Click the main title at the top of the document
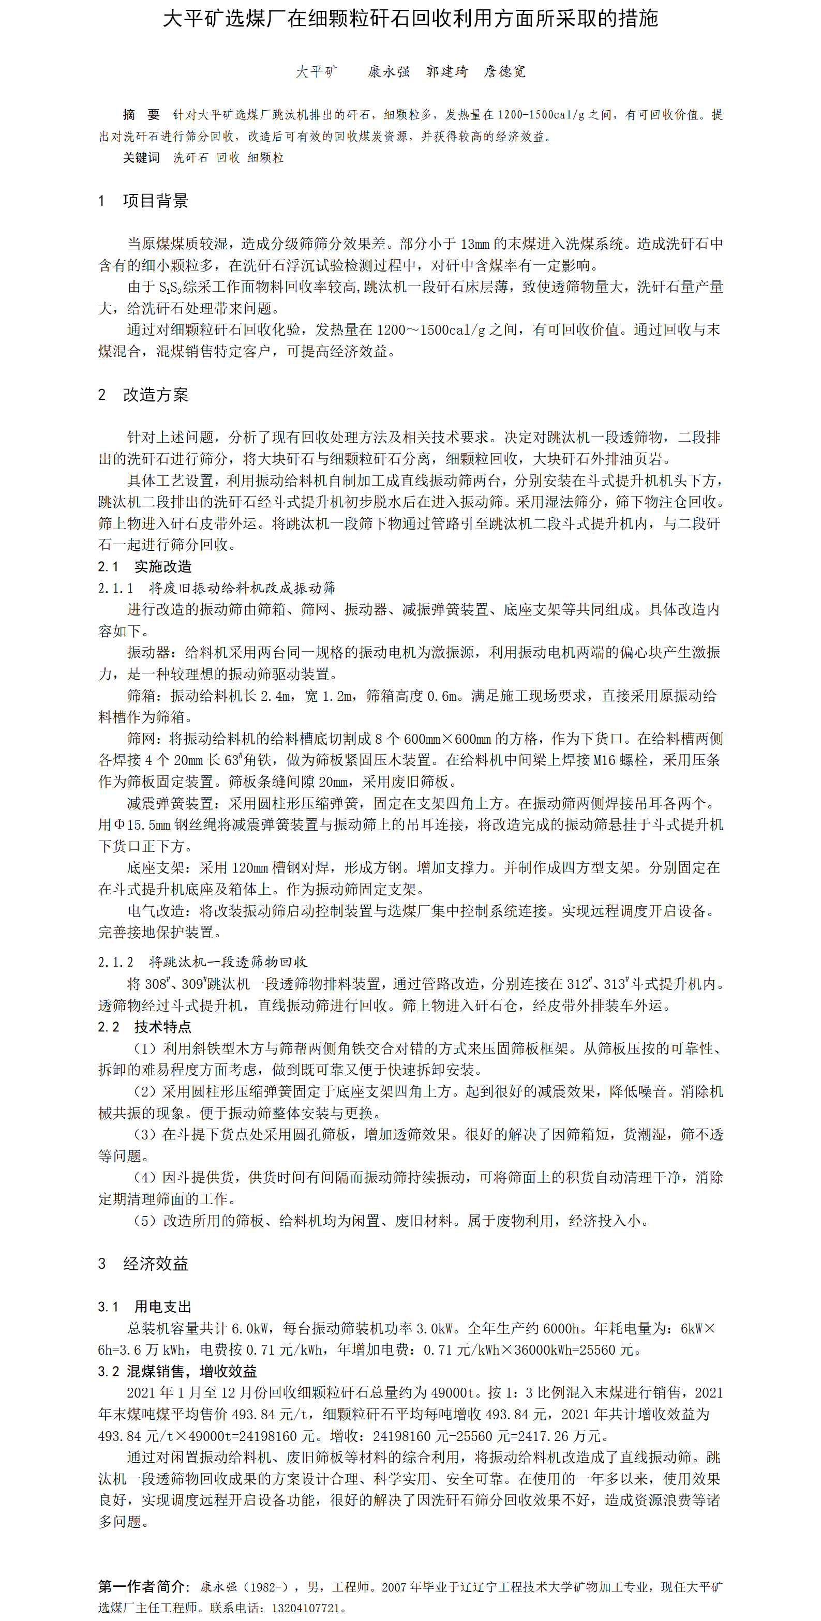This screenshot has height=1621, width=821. click(x=411, y=19)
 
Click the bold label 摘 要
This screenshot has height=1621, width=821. click(x=141, y=114)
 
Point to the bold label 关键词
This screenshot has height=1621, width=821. click(x=141, y=158)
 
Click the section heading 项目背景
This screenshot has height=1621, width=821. click(x=156, y=201)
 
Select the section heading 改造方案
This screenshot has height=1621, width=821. click(x=156, y=395)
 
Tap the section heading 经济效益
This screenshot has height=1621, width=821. click(x=156, y=1264)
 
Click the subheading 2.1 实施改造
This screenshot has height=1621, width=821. click(x=145, y=566)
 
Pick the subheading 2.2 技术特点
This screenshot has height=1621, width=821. click(x=145, y=1027)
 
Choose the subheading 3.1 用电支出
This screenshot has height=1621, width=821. click(x=145, y=1307)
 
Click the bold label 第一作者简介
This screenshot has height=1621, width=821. click(x=142, y=1586)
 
